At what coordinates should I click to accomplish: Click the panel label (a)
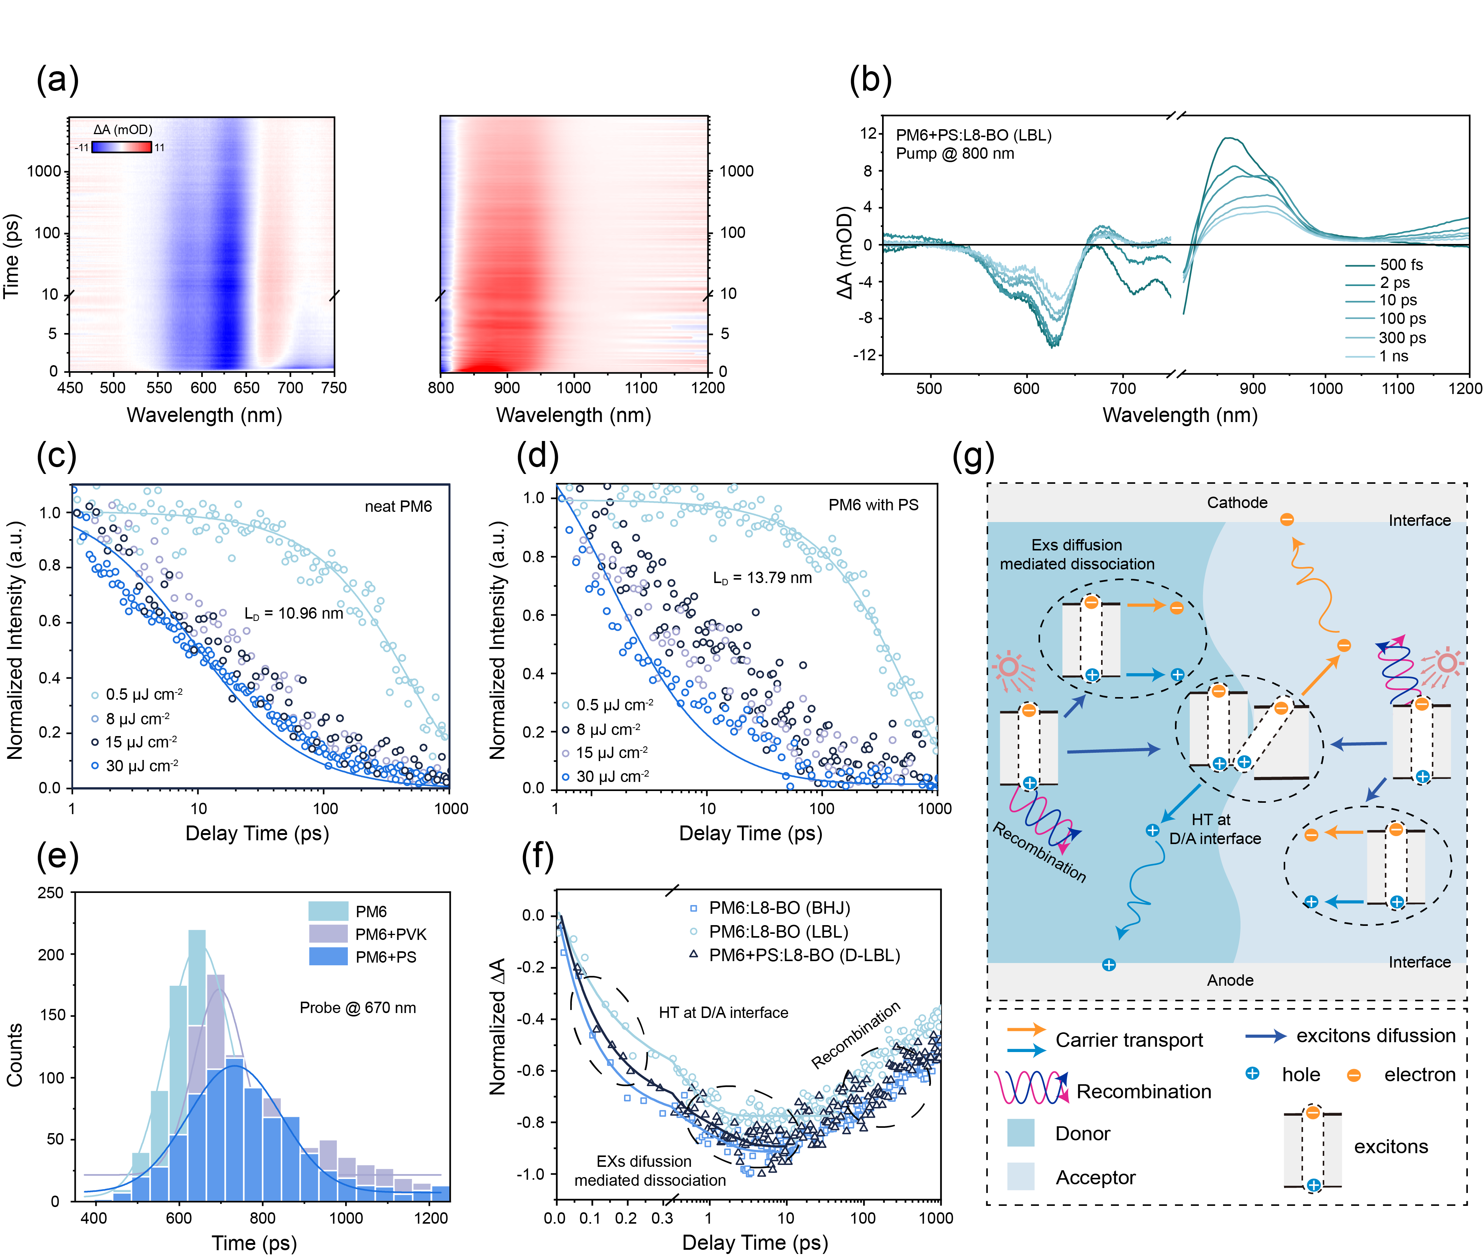(57, 78)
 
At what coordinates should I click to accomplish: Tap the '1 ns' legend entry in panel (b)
(1393, 356)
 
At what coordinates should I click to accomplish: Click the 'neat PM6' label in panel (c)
(398, 507)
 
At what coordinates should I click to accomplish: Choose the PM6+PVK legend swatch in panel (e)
(328, 933)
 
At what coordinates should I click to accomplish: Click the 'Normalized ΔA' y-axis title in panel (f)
(497, 1026)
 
